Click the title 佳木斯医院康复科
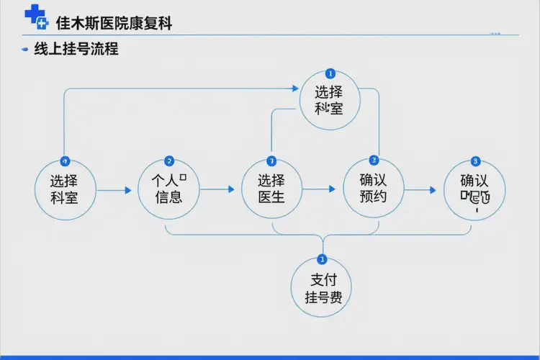[114, 22]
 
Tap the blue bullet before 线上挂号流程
[24, 50]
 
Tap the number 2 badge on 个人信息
[169, 161]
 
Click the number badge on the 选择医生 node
[271, 161]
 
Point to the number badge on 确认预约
[373, 160]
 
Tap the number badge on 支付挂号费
[322, 259]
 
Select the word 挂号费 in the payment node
[323, 297]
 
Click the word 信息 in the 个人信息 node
[168, 197]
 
